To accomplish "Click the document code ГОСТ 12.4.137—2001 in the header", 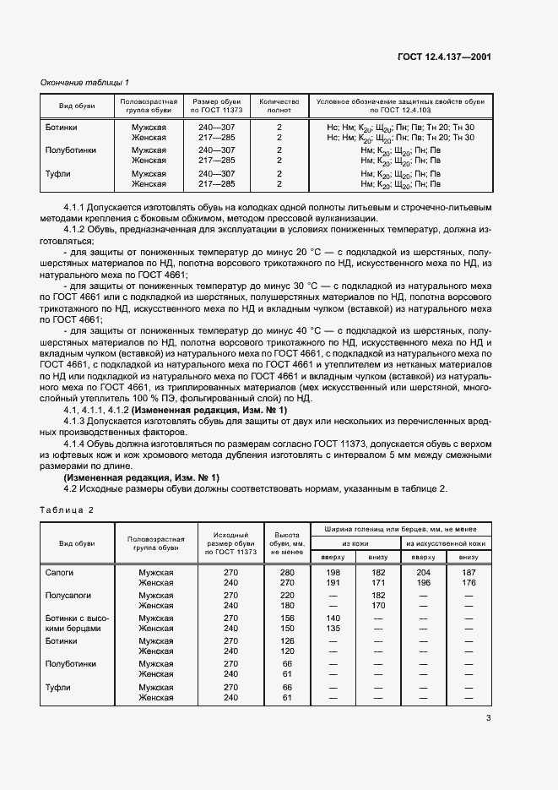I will [444, 57].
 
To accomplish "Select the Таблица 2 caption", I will [68, 510].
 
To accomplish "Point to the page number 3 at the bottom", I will [489, 719].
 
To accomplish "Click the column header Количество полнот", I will [279, 106].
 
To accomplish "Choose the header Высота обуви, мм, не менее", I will [286, 542].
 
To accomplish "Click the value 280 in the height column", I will [286, 573].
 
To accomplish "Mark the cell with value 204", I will [423, 573].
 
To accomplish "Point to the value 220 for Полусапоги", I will [286, 596].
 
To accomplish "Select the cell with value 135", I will [332, 629].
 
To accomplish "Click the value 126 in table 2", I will [286, 641].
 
